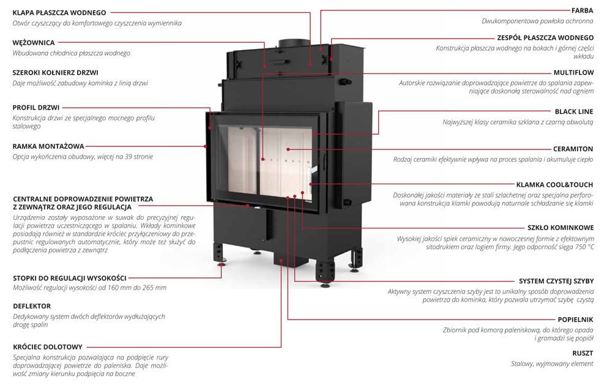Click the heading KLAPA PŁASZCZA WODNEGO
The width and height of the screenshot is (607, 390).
[59, 12]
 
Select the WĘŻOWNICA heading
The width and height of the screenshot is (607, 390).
[34, 43]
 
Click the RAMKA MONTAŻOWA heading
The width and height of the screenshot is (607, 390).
[48, 146]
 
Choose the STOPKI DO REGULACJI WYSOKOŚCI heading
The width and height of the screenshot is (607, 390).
[70, 277]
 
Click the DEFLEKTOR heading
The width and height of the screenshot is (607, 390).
[32, 306]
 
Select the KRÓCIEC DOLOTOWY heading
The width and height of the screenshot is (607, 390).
[47, 347]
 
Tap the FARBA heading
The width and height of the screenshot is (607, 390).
[582, 10]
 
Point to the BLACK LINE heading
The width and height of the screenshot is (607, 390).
[574, 111]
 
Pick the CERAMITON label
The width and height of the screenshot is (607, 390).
[573, 149]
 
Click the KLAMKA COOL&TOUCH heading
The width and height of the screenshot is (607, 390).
[554, 184]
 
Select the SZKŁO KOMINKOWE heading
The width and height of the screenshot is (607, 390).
[560, 227]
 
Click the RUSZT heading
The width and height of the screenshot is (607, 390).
[583, 353]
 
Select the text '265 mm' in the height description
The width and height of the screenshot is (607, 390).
[154, 288]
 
